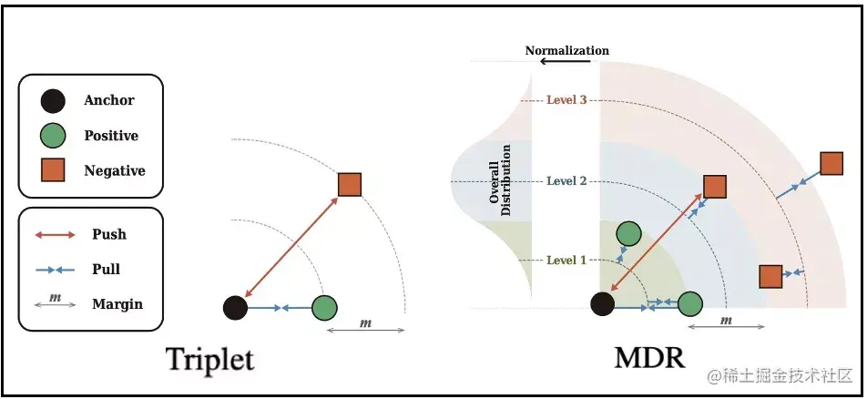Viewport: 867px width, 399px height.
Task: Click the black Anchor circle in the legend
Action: [54, 100]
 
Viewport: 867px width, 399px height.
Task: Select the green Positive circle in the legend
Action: [54, 136]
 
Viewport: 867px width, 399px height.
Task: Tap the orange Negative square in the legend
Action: [54, 170]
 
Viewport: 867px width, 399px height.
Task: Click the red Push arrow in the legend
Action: [56, 235]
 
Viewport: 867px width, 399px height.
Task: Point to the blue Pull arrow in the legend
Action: [56, 270]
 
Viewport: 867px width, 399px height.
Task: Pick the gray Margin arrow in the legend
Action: [56, 304]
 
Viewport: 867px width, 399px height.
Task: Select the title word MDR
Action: [649, 358]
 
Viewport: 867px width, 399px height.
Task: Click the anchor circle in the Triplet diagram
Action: [235, 308]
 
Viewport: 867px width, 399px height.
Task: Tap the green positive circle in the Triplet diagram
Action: [324, 308]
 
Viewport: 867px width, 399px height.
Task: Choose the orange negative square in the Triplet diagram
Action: [350, 185]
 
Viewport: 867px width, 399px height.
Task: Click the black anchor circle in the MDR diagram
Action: [602, 303]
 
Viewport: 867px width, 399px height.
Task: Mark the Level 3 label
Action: [566, 99]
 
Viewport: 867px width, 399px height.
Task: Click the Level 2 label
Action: [566, 180]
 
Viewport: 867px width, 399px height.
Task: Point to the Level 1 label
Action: [566, 260]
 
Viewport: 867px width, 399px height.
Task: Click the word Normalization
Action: [566, 50]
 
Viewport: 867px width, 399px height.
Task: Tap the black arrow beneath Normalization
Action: [572, 62]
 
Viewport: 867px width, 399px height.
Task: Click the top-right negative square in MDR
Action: [831, 164]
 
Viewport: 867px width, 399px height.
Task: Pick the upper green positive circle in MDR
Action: [627, 234]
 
